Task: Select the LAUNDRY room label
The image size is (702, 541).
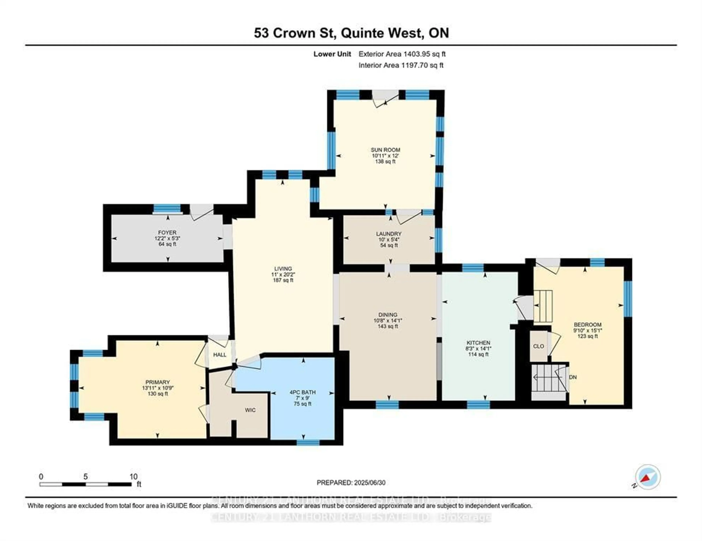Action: tap(389, 234)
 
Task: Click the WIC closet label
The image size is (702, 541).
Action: tap(250, 410)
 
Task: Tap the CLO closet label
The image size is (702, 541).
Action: tap(538, 346)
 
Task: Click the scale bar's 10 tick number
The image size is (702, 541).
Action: tap(133, 477)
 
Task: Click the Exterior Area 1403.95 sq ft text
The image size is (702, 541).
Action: tap(402, 54)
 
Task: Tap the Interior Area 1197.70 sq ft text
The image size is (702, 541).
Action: tap(401, 65)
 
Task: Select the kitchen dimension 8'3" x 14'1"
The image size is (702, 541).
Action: tap(478, 348)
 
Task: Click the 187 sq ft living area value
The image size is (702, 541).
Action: tap(283, 280)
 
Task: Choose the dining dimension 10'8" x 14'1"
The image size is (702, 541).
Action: tap(388, 320)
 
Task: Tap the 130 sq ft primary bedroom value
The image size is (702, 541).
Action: tap(158, 394)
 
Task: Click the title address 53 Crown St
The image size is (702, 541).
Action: tap(295, 33)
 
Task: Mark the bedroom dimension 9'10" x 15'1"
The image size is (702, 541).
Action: tap(587, 330)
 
